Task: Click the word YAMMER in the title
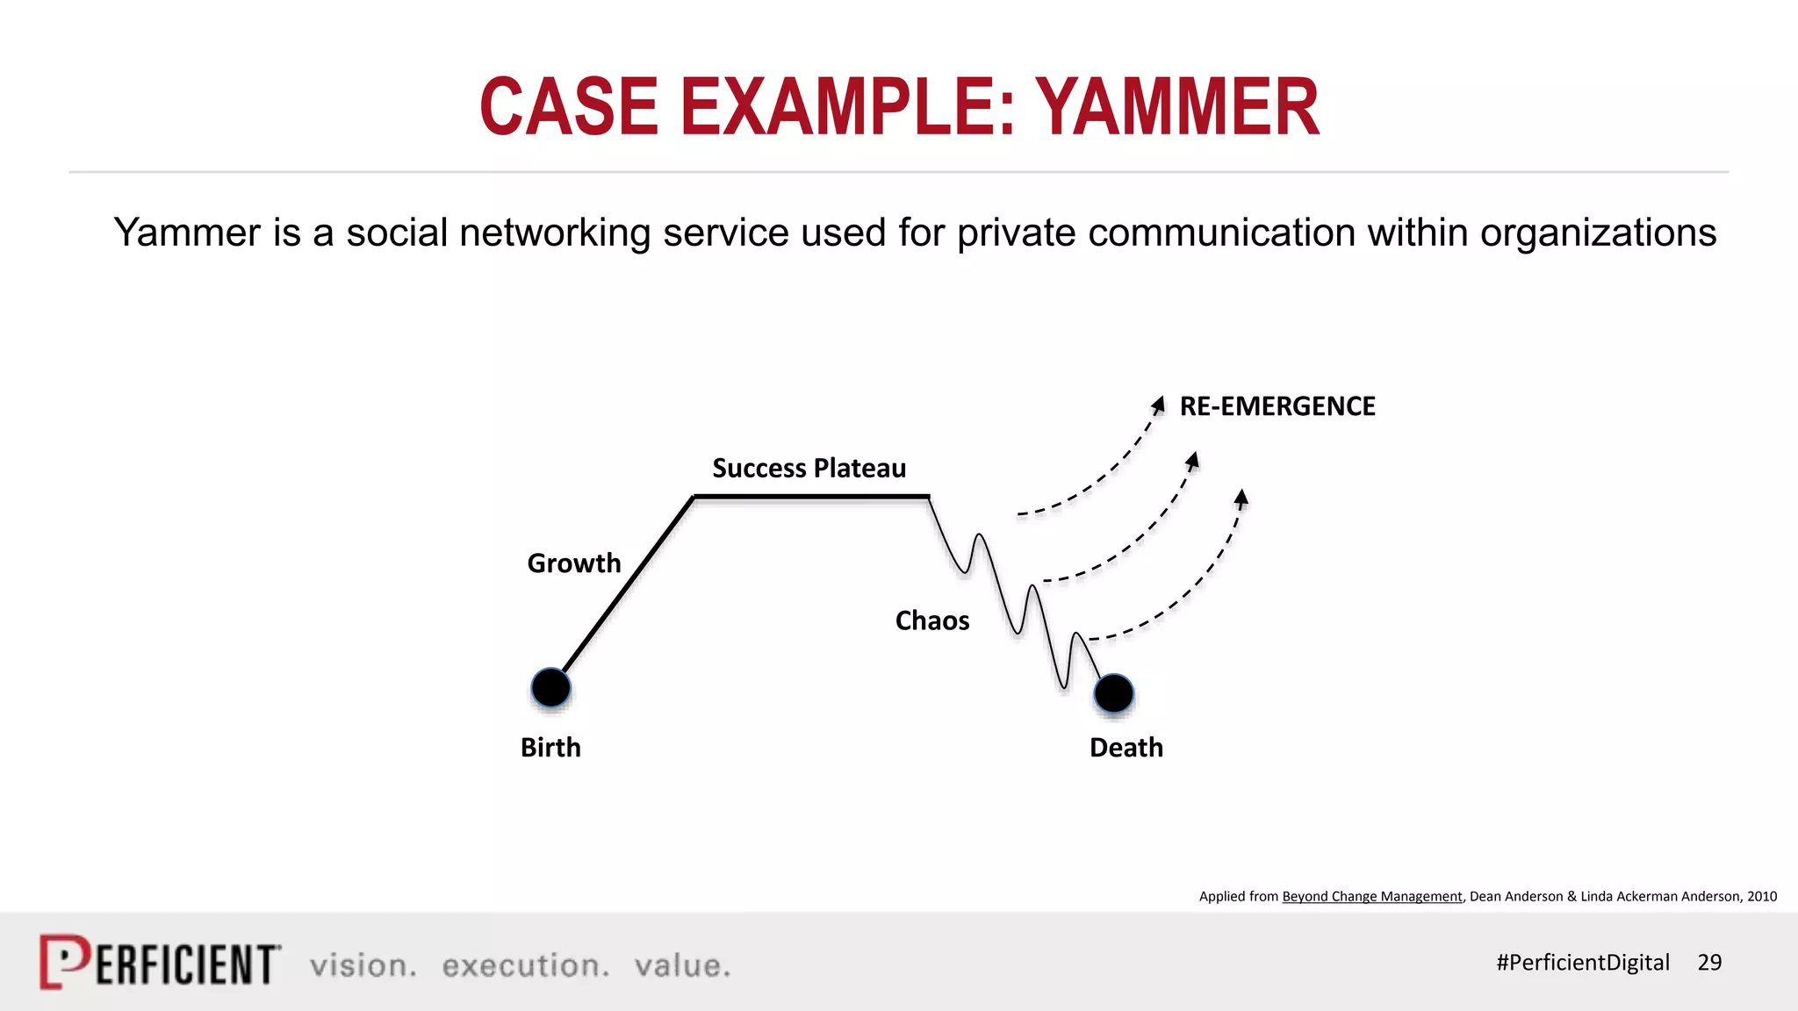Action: [x=1177, y=107]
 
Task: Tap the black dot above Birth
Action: [x=551, y=687]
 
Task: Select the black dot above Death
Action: [x=1113, y=693]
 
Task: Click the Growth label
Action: [x=573, y=563]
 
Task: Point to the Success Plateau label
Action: [x=809, y=468]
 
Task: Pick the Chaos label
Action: [x=931, y=620]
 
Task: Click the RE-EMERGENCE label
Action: [x=1277, y=406]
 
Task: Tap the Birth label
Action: [x=550, y=747]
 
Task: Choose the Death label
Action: [x=1126, y=747]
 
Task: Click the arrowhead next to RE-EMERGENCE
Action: [x=1159, y=405]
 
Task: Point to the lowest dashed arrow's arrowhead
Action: [x=1241, y=498]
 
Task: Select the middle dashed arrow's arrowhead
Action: [x=1192, y=460]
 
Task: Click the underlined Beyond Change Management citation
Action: [x=1371, y=896]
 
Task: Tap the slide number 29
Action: [x=1708, y=962]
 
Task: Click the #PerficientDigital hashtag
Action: [x=1582, y=962]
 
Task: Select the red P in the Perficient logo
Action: [x=64, y=961]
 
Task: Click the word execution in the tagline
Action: [x=525, y=965]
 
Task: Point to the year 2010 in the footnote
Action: [x=1761, y=896]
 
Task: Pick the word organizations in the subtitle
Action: [x=1598, y=233]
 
